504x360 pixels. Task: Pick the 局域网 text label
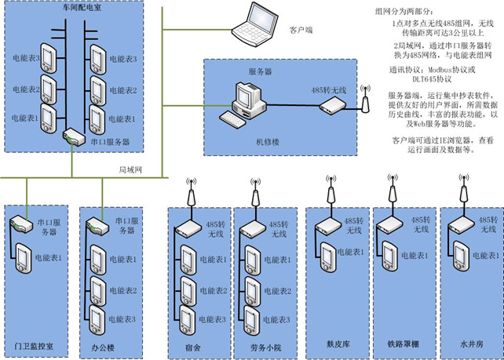(129, 169)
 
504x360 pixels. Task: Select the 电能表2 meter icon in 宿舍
(189, 290)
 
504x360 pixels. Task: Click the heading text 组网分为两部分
(402, 13)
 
